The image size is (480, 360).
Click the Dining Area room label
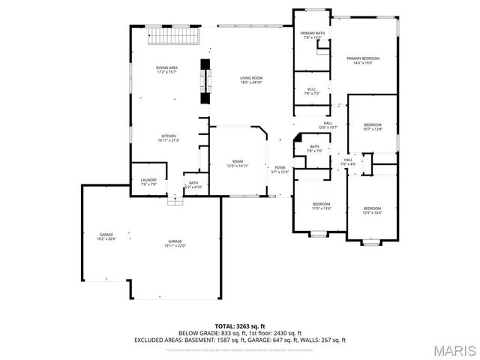[166, 70]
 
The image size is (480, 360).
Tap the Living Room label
[250, 80]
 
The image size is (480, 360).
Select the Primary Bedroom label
[362, 61]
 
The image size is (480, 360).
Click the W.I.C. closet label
[312, 91]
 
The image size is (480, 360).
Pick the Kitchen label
[167, 138]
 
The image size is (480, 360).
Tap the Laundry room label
[148, 181]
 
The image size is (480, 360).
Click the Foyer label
[280, 169]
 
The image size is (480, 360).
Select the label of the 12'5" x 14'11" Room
[238, 163]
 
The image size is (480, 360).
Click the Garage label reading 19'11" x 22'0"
[175, 243]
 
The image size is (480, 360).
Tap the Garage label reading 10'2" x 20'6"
[105, 237]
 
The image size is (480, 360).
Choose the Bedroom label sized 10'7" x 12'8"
[373, 127]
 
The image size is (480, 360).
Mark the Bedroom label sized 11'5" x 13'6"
[321, 206]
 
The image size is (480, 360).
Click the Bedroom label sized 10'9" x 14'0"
[372, 210]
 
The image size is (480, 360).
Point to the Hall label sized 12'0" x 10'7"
[328, 125]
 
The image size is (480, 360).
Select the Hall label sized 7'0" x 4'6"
[348, 161]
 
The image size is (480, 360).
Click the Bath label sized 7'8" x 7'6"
[313, 148]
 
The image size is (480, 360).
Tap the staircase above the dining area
[173, 35]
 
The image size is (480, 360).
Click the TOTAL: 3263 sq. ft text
[239, 325]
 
